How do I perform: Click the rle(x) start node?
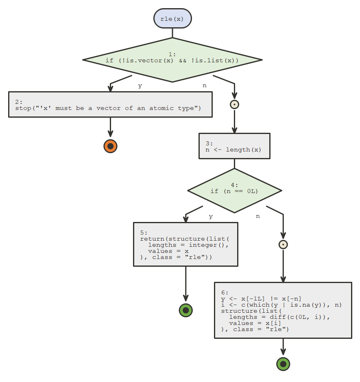[172, 19]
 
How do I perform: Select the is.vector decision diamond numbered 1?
[172, 60]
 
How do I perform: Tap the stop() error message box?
[110, 105]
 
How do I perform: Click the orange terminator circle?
[110, 146]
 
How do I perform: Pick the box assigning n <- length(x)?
[234, 146]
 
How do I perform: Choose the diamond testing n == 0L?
[234, 191]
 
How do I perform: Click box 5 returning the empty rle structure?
[185, 244]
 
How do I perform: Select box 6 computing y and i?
[283, 310]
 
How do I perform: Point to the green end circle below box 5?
[185, 310]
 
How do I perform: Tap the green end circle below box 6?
[283, 364]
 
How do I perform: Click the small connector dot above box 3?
[234, 104]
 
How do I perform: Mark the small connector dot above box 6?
[283, 244]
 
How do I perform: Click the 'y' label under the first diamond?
[140, 86]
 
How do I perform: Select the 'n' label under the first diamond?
[204, 86]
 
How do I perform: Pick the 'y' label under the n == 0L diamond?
[211, 216]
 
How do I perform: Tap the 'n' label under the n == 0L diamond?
[257, 216]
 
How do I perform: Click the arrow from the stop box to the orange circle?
[110, 127]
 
